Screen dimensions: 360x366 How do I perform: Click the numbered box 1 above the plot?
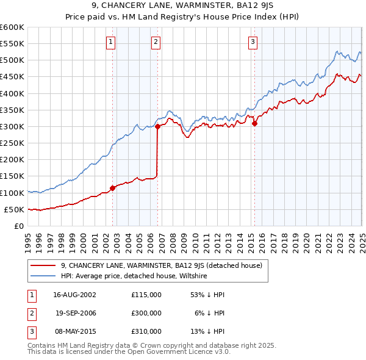click(110, 42)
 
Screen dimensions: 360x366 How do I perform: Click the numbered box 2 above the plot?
click(156, 42)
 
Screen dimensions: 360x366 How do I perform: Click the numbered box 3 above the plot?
click(253, 42)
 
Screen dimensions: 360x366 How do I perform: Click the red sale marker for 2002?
click(113, 188)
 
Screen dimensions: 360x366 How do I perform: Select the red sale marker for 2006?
click(157, 127)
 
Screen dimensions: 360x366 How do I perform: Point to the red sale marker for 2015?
click(254, 123)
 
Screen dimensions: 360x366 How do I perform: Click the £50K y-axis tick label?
click(14, 209)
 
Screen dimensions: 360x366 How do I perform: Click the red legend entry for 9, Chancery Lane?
click(161, 265)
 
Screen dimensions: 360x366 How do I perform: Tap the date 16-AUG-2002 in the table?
click(74, 294)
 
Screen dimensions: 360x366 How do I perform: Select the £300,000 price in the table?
click(146, 313)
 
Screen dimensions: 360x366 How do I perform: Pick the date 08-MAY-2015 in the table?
click(74, 332)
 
